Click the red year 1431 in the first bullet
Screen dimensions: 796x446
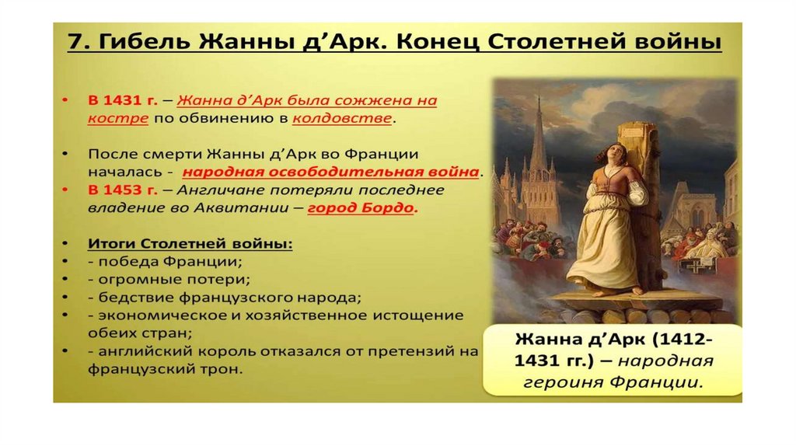point(123,100)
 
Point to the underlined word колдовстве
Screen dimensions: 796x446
point(342,118)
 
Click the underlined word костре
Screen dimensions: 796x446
point(118,119)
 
